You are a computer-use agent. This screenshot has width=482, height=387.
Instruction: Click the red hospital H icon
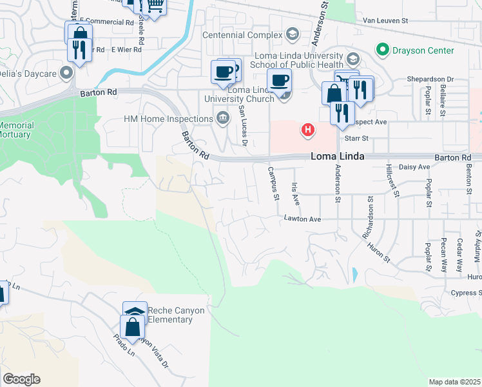(309, 130)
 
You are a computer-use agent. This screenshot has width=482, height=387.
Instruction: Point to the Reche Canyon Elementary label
(176, 315)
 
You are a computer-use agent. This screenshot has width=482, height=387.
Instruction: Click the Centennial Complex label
(243, 34)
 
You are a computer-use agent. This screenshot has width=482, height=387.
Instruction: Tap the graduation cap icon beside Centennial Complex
(292, 34)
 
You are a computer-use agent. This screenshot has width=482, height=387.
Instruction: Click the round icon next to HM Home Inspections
(223, 118)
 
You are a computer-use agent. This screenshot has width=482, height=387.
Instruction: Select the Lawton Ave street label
(302, 219)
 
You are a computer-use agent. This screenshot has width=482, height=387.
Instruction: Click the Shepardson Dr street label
(430, 79)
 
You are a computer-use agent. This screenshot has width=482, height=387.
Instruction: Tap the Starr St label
(356, 138)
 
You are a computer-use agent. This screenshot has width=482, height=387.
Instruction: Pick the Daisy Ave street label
(415, 167)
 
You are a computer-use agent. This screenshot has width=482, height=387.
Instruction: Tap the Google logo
(21, 379)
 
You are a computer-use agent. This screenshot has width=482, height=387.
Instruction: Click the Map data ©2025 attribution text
(454, 382)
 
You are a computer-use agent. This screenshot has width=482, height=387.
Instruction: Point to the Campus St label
(273, 183)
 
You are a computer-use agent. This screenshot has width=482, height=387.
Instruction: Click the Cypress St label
(466, 292)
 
